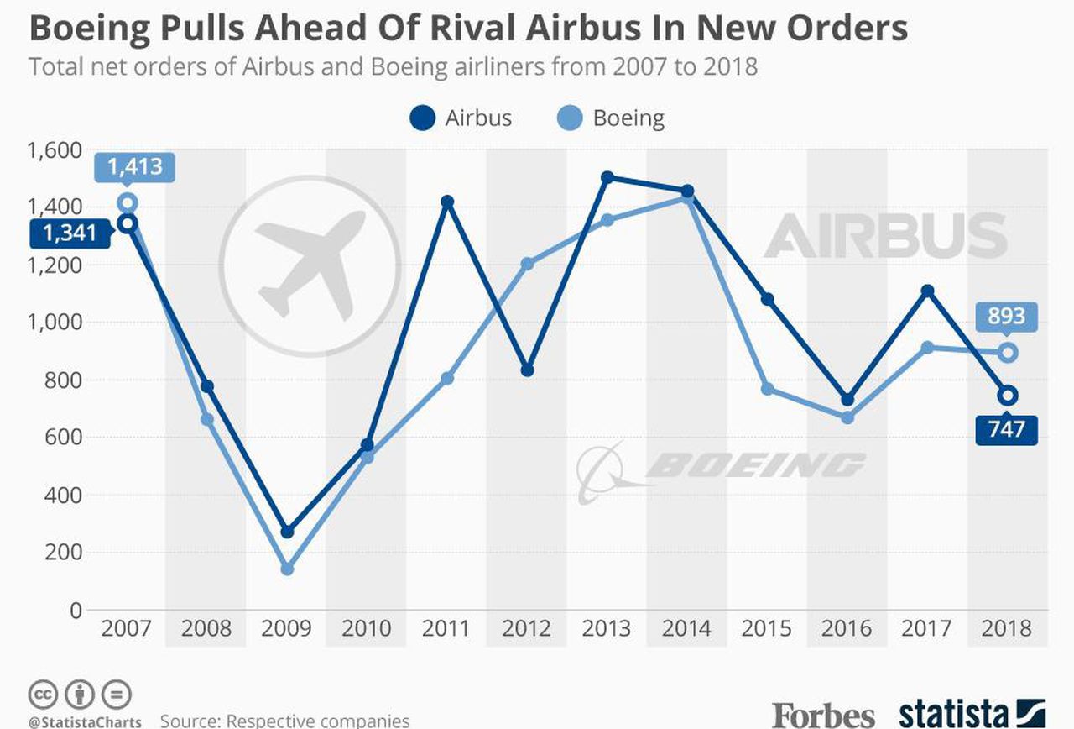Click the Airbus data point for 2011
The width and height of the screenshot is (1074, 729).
447,202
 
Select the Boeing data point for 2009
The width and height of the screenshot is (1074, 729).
287,569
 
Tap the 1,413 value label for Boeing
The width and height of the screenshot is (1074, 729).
135,167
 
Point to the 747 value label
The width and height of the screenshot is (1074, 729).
1006,429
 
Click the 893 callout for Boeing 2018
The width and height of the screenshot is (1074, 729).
1006,317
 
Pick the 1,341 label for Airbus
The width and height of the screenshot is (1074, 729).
70,233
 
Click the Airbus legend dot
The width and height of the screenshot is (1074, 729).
422,118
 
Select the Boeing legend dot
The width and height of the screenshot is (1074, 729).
570,118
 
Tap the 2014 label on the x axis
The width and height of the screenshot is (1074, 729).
686,628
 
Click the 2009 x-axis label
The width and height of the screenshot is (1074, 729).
286,628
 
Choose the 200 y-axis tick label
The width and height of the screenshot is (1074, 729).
63,553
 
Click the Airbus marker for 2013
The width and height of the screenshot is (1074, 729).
607,177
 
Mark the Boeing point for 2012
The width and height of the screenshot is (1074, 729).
527,264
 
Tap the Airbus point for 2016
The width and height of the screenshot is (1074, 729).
847,399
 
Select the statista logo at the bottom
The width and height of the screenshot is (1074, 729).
972,715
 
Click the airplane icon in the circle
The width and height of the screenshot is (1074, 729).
310,265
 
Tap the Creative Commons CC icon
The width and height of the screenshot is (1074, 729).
43,695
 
